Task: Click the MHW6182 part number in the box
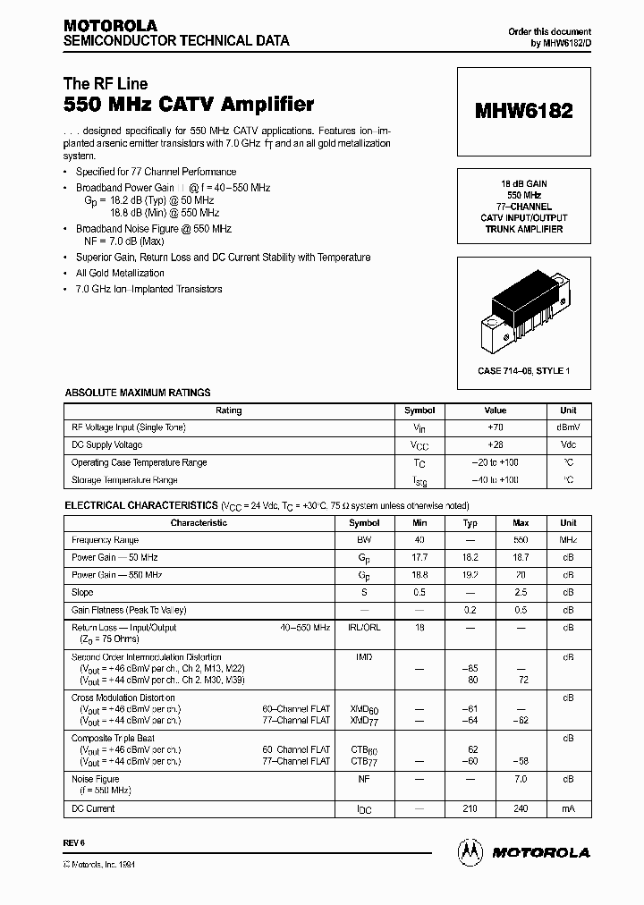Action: [523, 112]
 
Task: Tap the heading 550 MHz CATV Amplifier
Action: [189, 105]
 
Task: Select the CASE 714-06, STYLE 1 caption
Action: [523, 370]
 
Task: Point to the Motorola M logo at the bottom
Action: [470, 852]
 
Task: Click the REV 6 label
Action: [73, 843]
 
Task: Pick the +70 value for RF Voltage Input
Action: [495, 427]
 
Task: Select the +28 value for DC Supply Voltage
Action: [495, 445]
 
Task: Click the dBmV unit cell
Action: [568, 427]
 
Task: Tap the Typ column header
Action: [470, 523]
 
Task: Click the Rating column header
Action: [229, 410]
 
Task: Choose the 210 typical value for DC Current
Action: [470, 809]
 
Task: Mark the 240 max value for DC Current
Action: [521, 809]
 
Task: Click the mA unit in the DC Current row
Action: [568, 809]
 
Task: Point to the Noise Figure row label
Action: [89, 779]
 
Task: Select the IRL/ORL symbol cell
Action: [364, 628]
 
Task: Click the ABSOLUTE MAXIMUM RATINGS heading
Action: [137, 393]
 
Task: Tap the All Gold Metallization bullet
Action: [120, 274]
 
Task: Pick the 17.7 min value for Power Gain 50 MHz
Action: [419, 558]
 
